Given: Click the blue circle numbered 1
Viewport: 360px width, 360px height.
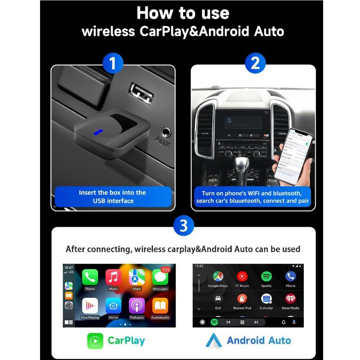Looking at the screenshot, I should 112,64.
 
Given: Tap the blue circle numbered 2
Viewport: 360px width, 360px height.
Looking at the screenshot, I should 255,63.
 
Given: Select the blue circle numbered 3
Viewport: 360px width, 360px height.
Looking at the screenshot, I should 184,225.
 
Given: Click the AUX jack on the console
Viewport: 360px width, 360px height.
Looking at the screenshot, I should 166,133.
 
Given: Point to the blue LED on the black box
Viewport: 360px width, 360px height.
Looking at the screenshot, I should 98,132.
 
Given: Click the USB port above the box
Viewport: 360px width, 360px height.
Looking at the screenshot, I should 141,93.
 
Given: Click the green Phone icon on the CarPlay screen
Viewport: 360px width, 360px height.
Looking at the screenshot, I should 90,277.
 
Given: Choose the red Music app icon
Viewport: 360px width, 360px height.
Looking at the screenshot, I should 113,277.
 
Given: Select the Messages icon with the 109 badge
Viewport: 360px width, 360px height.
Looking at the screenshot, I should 160,277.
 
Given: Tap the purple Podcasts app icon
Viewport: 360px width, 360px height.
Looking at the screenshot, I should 136,306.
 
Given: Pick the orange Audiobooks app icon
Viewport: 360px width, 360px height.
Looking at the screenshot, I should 160,306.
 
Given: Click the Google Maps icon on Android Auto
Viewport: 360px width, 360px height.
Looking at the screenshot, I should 218,276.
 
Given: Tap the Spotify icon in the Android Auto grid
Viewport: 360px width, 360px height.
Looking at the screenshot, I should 266,276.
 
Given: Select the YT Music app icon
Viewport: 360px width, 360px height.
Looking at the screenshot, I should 242,276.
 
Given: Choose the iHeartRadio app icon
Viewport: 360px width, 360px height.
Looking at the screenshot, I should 291,299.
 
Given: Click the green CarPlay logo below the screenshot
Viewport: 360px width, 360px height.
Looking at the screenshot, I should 95,340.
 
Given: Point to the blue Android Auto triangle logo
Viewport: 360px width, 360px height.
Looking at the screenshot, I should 214,341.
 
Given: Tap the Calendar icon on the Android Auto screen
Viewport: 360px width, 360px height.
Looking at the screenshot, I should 266,299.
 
